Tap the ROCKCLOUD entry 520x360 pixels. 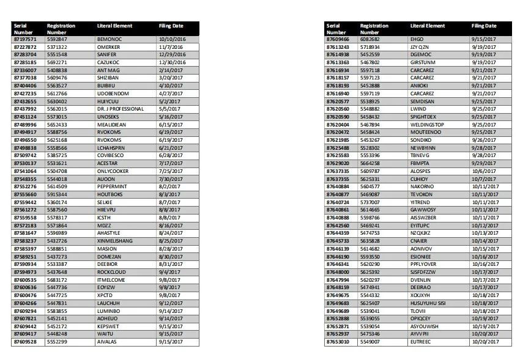coord(111,272)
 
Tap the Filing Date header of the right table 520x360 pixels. coord(484,26)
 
